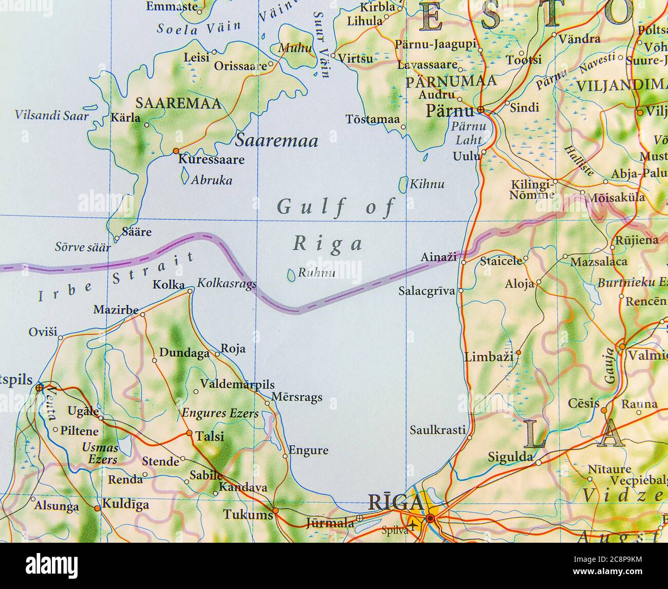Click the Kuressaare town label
tap(211, 160)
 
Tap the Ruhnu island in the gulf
tap(291, 275)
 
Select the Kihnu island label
tap(426, 184)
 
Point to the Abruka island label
tap(211, 180)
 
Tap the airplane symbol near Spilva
tap(412, 524)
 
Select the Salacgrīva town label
tap(426, 291)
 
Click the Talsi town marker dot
tap(189, 433)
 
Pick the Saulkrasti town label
tap(437, 430)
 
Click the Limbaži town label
tap(488, 357)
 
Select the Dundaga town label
tap(184, 353)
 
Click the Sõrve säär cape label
tap(82, 247)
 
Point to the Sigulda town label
tap(510, 457)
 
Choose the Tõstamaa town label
tap(372, 119)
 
